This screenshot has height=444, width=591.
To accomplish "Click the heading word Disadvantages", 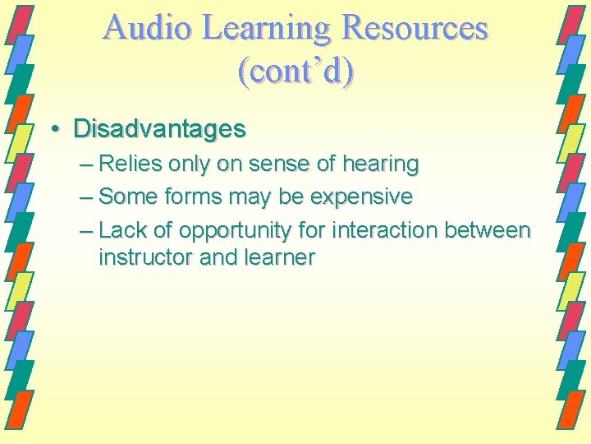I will tap(159, 129).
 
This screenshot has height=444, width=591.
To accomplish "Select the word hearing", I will tap(380, 164).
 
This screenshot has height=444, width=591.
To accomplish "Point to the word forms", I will tap(190, 197).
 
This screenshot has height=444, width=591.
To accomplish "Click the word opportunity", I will tap(232, 231).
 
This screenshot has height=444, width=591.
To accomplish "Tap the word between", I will tap(489, 230).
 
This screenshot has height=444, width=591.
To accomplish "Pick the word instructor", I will tap(146, 257).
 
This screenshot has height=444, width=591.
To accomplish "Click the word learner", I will tap(278, 257).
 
